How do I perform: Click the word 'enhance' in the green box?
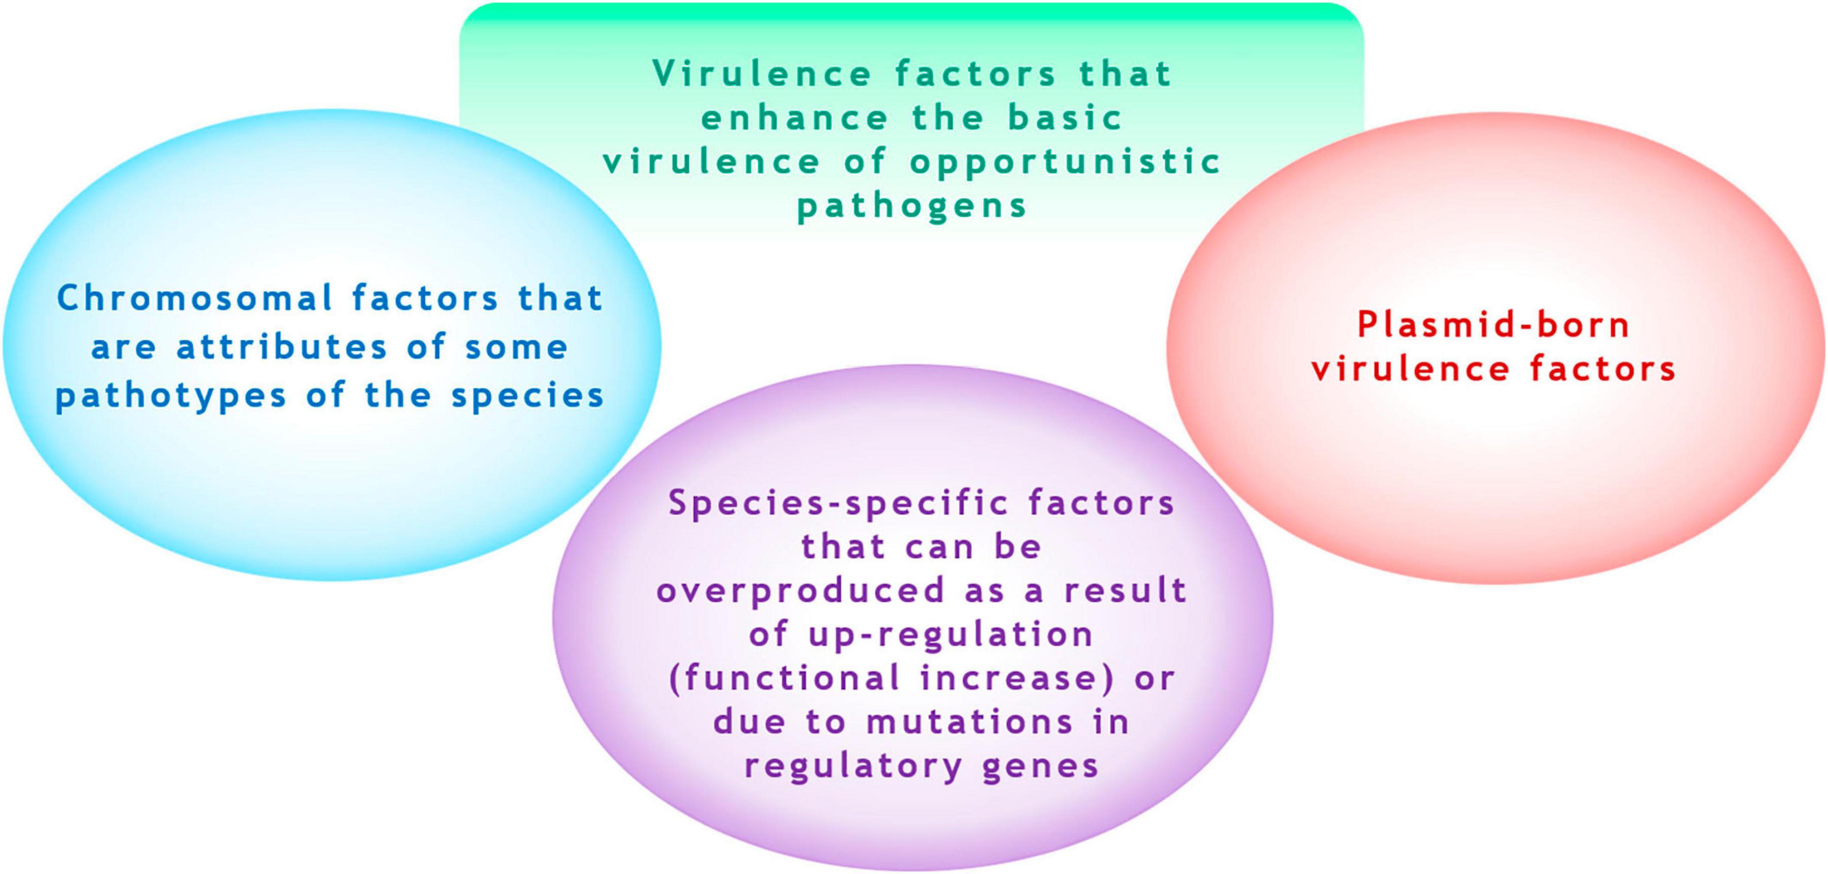(x=795, y=117)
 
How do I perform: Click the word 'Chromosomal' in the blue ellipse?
(x=194, y=298)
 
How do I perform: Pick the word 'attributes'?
(x=282, y=347)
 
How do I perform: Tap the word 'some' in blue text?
(x=516, y=348)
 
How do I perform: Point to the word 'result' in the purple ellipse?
(x=1125, y=591)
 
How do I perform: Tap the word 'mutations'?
(x=970, y=723)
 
